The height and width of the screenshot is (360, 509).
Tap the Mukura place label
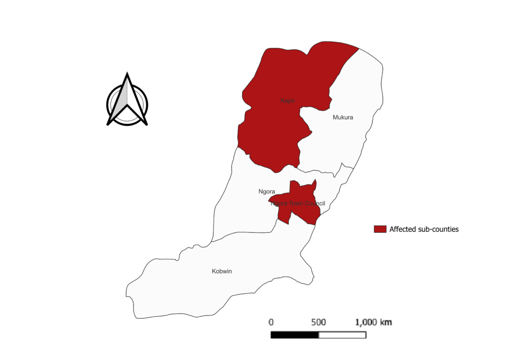[343, 118]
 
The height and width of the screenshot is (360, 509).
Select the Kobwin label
[222, 271]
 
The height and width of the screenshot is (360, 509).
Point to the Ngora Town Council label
[298, 203]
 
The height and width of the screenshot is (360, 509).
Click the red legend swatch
[380, 229]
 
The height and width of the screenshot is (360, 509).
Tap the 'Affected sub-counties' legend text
[424, 229]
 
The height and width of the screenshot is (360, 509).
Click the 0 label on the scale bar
[271, 322]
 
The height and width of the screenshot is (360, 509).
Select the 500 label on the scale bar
[318, 322]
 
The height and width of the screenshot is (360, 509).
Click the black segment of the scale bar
[294, 335]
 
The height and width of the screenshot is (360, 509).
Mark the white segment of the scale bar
[342, 335]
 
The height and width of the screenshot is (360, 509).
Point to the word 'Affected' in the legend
[403, 229]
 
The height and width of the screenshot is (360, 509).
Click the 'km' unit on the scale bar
[386, 322]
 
